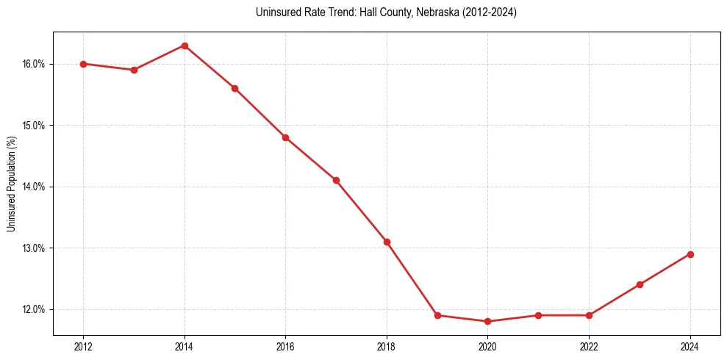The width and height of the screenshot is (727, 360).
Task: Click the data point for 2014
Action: click(185, 46)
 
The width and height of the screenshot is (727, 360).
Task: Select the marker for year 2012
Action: click(83, 64)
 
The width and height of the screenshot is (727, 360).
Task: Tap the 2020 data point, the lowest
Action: click(488, 321)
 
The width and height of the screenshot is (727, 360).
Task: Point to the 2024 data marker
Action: click(690, 254)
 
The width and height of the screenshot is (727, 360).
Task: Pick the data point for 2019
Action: click(437, 315)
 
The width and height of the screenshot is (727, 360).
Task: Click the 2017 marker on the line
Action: click(336, 180)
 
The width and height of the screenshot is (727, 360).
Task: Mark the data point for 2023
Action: click(640, 284)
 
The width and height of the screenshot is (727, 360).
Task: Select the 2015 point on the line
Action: click(234, 88)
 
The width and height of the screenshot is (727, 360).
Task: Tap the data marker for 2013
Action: click(134, 70)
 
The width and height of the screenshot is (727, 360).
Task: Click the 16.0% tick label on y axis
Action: click(34, 64)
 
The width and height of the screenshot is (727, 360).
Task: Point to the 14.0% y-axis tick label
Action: click(34, 187)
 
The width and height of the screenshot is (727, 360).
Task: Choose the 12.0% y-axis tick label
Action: click(34, 309)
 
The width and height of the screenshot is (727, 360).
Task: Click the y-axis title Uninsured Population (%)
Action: click(12, 184)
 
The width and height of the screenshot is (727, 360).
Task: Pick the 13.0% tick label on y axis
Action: click(34, 248)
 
